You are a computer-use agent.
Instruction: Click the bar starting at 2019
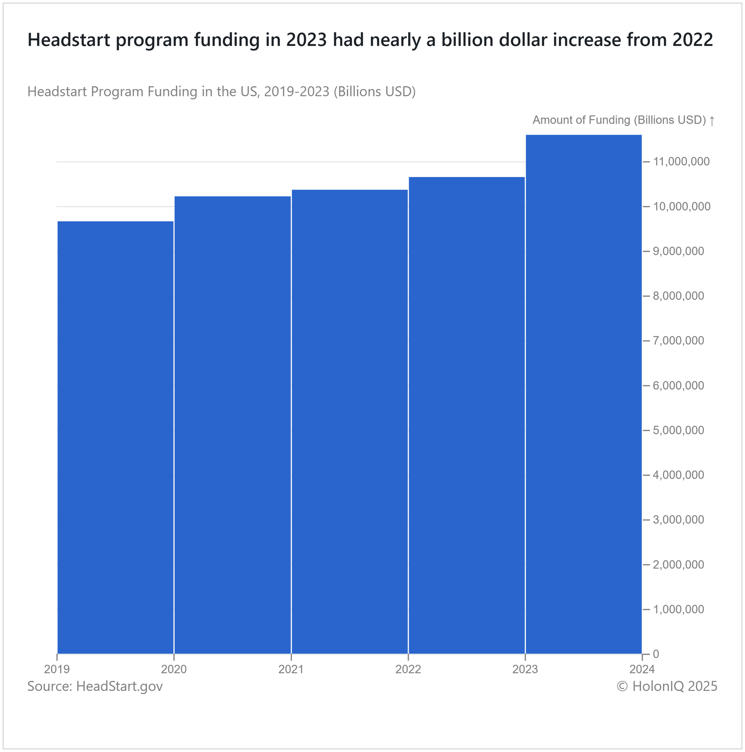[115, 436]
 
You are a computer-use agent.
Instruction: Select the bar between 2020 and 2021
[232, 424]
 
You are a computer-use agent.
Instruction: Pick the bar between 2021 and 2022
[349, 421]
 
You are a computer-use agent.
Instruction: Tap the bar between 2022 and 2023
[467, 415]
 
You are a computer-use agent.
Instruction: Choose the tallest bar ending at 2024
[583, 393]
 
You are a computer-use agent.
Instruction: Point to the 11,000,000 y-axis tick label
[681, 162]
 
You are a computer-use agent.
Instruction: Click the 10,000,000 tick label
[682, 207]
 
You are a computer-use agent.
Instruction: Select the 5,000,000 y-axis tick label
[678, 431]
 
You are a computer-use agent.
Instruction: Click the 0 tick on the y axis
[656, 654]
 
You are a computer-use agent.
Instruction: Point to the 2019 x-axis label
[57, 669]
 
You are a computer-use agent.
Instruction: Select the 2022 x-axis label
[408, 669]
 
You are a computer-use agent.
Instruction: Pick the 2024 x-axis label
[642, 669]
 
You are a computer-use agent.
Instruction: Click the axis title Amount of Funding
[619, 120]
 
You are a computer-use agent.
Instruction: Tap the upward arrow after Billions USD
[712, 121]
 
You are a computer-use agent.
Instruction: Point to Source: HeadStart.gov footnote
[95, 686]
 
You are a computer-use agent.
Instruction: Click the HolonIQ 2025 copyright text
[667, 686]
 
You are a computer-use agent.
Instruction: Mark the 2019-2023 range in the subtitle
[297, 92]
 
